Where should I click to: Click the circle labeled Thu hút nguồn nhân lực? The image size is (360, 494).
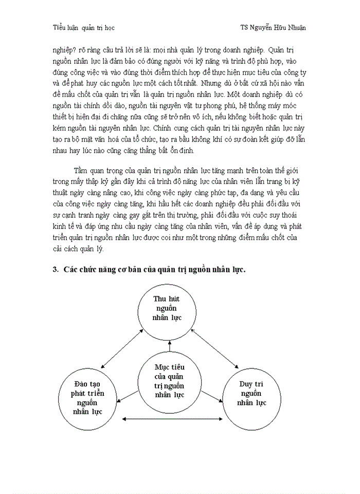coord(168,308)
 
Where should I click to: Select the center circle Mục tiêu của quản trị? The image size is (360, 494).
coord(169,381)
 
